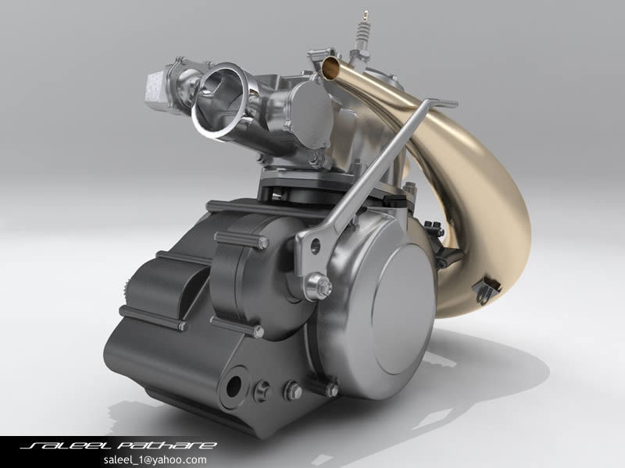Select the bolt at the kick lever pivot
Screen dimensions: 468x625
320,286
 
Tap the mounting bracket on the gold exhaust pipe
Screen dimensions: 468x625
488,289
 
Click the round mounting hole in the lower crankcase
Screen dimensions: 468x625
234,386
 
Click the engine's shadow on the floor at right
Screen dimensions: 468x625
484,367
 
